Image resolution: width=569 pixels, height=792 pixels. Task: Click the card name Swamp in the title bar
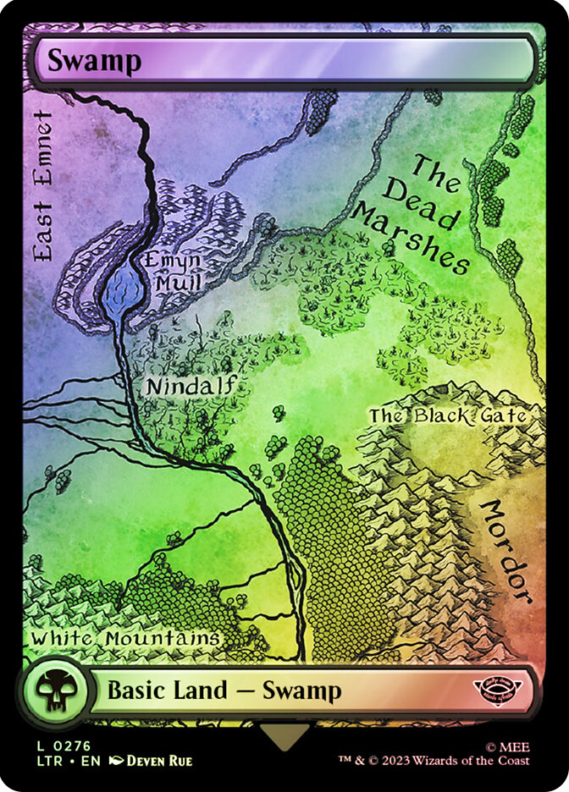(x=93, y=61)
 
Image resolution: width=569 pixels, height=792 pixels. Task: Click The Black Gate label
(x=448, y=415)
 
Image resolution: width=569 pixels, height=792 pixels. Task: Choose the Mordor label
(x=506, y=550)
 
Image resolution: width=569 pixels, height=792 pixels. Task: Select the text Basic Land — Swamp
(x=224, y=690)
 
